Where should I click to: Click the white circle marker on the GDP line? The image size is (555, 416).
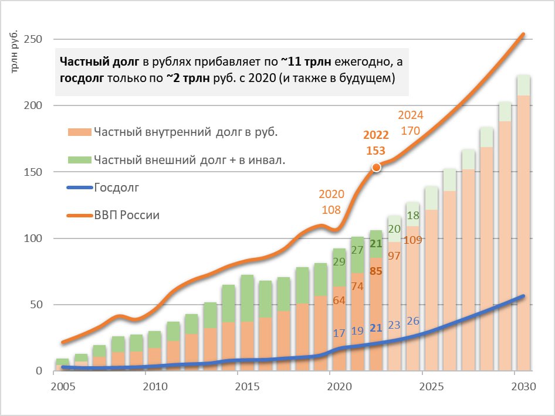(x=377, y=168)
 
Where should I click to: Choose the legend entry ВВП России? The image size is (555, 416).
(x=127, y=215)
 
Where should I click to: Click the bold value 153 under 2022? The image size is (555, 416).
(x=375, y=151)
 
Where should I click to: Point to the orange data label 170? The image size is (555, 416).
(x=410, y=131)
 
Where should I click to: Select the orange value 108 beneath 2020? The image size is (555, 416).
(x=331, y=209)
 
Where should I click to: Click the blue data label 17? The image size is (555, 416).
(x=339, y=333)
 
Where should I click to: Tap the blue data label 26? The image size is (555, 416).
(x=413, y=321)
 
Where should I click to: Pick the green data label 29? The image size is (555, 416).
(x=339, y=262)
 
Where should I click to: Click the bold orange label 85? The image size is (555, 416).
(x=376, y=271)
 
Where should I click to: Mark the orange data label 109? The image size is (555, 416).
(x=413, y=240)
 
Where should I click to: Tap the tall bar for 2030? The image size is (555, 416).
(x=523, y=234)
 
